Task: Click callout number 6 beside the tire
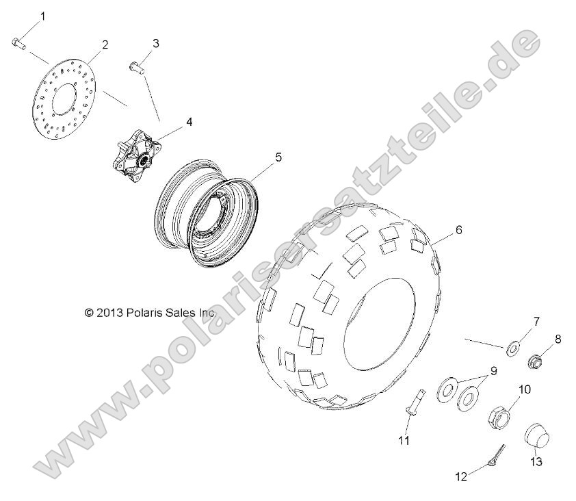click(458, 230)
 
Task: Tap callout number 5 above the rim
click(259, 157)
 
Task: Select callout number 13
click(536, 463)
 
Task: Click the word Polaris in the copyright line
click(144, 292)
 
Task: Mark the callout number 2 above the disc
click(105, 45)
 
